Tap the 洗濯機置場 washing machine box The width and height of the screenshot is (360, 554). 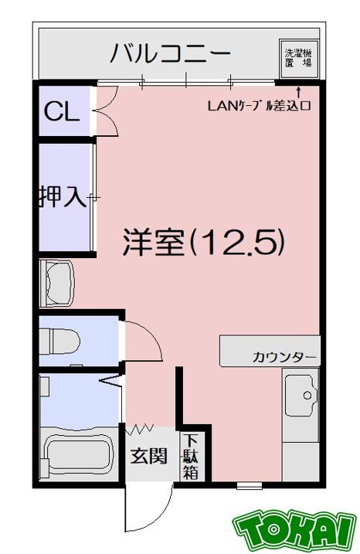coord(297,58)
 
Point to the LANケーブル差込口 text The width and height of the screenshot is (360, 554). coord(259,107)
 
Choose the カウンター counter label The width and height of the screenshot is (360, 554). coord(284,357)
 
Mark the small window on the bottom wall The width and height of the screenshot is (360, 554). coord(249,486)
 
